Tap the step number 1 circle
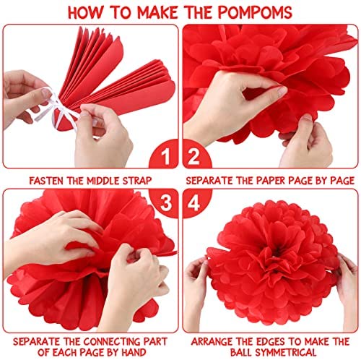coord(164,154)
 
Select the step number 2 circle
coord(197,154)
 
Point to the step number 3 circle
coord(164,203)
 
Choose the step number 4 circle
coord(197,203)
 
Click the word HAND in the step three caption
coord(134,352)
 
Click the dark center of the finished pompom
coord(277,252)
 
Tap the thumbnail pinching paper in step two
coord(282,92)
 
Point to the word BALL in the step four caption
coord(241,352)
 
